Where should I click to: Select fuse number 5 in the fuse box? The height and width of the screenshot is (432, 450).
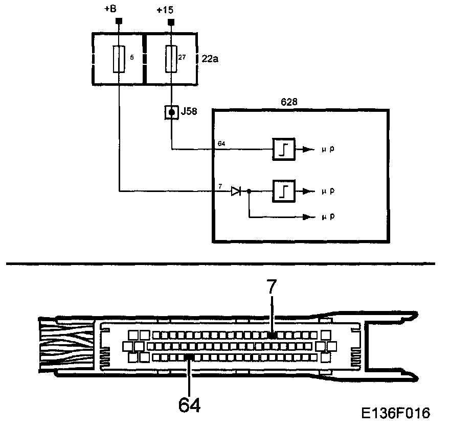tap(119, 59)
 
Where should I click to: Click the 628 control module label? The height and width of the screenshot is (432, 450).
tap(289, 102)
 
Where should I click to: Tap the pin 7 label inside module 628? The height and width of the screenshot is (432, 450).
tap(220, 186)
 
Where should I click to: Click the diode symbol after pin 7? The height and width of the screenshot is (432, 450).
tap(236, 191)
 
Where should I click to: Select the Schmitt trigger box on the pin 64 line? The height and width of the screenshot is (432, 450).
tap(283, 150)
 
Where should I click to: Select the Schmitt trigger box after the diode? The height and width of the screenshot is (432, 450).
tap(283, 191)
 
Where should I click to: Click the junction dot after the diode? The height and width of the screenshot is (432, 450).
tap(249, 191)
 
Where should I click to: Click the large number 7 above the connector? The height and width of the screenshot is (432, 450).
tap(271, 287)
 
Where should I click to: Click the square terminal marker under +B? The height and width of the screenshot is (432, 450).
tap(119, 21)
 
